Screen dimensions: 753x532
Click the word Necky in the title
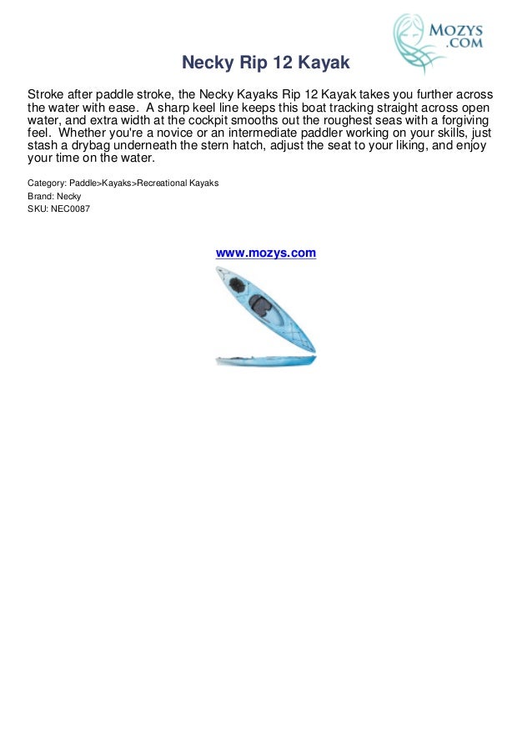click(205, 63)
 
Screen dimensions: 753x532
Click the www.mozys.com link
click(266, 253)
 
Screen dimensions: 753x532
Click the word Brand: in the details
click(41, 196)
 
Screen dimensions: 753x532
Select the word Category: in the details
click(48, 183)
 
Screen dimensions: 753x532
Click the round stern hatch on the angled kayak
click(239, 284)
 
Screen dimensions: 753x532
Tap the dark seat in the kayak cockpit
click(263, 306)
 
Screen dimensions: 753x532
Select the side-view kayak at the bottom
click(266, 360)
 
